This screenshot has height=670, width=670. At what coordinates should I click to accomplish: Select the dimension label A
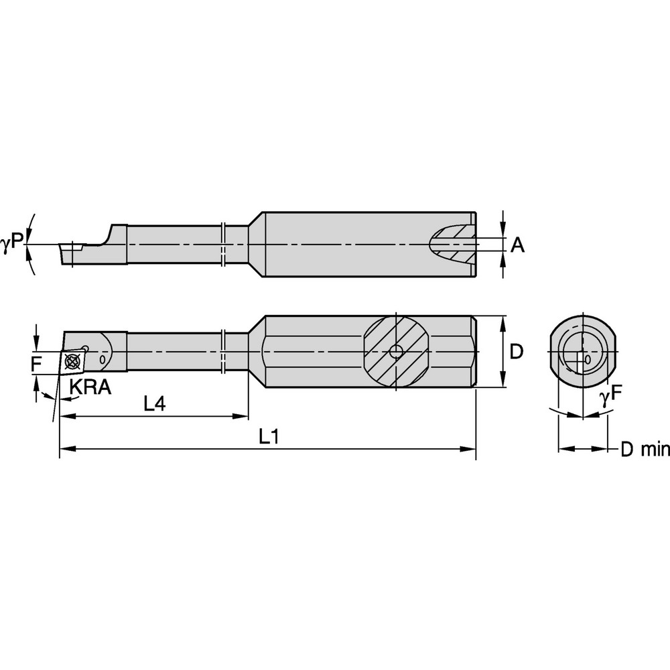click(x=517, y=245)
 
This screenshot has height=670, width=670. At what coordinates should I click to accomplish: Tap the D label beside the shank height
click(x=517, y=351)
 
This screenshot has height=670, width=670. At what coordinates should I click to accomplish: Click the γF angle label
click(x=606, y=397)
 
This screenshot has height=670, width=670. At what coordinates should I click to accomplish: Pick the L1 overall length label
click(x=269, y=436)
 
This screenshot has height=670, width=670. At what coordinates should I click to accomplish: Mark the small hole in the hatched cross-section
click(x=397, y=351)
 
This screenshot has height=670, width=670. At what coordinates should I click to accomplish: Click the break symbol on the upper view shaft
click(x=224, y=242)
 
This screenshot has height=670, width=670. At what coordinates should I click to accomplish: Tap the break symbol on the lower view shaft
click(x=224, y=351)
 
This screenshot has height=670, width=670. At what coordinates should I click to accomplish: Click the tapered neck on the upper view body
click(x=255, y=244)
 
